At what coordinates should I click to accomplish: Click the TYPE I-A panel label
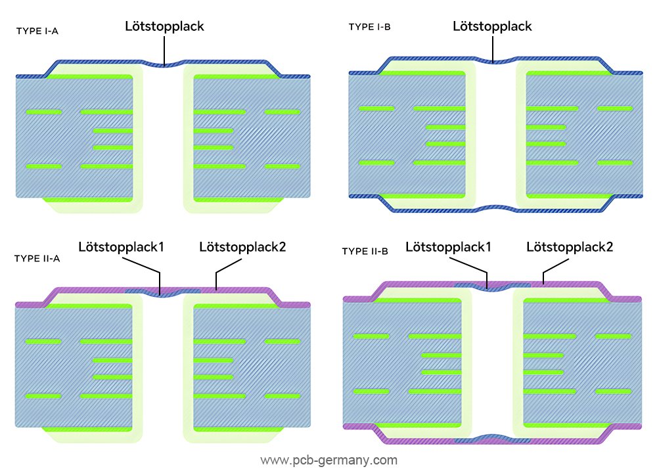pos(37,30)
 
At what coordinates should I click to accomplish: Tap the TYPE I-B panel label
pos(369,27)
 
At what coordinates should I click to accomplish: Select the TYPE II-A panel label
pos(37,258)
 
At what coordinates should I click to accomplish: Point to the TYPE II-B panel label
pos(365,251)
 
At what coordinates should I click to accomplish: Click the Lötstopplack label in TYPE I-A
pos(165,27)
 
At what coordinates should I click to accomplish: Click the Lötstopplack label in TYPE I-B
pos(493,27)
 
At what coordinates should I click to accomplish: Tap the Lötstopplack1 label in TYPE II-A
pos(120,248)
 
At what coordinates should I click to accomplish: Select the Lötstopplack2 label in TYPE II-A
pos(243,248)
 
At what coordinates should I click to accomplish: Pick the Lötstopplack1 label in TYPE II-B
pos(448,247)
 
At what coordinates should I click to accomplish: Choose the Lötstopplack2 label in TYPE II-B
pos(570,247)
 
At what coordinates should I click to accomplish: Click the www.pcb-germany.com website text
pos(328,460)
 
